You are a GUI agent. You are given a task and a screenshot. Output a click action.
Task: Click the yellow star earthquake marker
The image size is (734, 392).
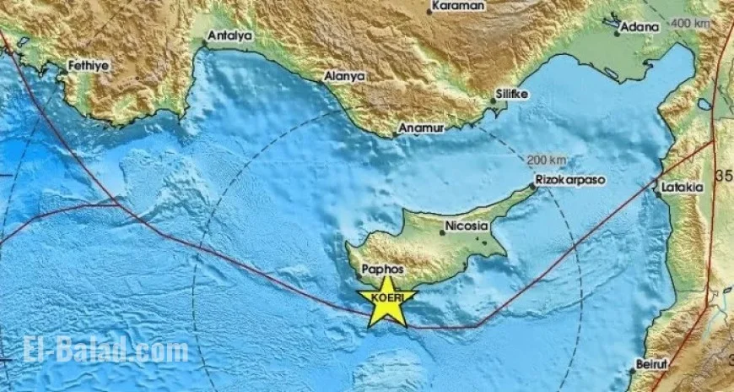click(x=387, y=302)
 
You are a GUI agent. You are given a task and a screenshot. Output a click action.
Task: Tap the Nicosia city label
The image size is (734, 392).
click(x=465, y=226)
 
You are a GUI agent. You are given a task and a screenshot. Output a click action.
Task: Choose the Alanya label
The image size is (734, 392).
click(x=345, y=76)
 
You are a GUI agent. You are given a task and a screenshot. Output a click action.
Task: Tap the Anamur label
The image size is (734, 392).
click(x=419, y=130)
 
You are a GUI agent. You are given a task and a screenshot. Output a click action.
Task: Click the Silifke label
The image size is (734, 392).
click(x=513, y=94)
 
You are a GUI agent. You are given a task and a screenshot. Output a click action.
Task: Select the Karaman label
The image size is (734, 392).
click(x=458, y=7)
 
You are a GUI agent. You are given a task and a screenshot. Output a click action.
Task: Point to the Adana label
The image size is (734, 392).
click(x=640, y=27)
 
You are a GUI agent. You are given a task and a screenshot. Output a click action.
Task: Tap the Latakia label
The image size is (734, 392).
click(x=683, y=186)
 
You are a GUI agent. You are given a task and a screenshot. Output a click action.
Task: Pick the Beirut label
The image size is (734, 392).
click(x=650, y=363)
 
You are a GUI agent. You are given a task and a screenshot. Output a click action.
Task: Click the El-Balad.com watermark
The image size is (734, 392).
click(x=94, y=349)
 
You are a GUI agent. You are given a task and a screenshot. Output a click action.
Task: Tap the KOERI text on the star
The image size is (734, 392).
click(x=387, y=297)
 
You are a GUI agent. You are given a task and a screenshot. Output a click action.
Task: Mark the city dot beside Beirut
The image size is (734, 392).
click(x=631, y=370)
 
